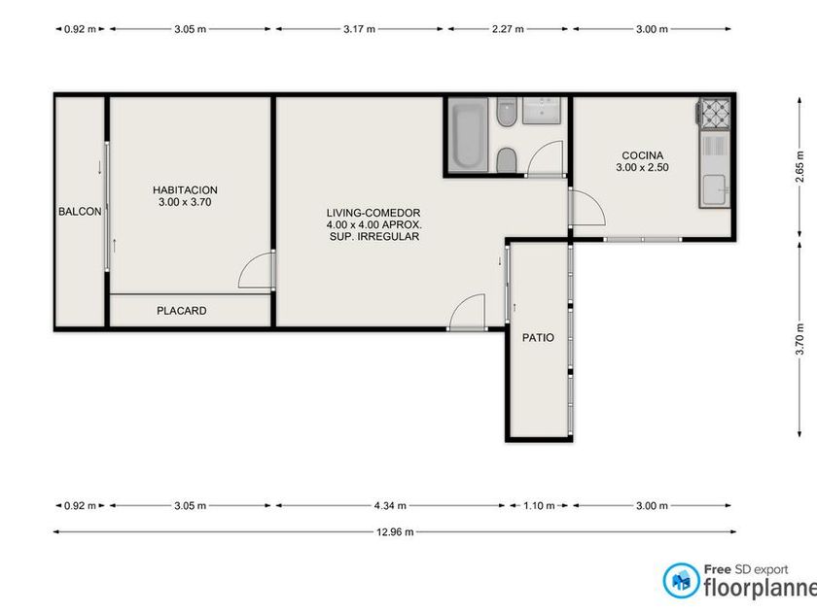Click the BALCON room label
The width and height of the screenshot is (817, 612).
pyautogui.click(x=80, y=212)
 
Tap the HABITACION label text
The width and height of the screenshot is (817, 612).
pyautogui.click(x=185, y=190)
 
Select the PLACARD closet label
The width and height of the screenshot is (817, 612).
pyautogui.click(x=181, y=311)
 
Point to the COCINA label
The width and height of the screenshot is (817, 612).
pyautogui.click(x=643, y=155)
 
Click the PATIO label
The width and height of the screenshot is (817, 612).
pyautogui.click(x=538, y=338)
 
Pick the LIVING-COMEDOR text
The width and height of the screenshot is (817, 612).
pyautogui.click(x=373, y=213)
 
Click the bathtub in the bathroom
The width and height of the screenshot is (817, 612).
pyautogui.click(x=469, y=135)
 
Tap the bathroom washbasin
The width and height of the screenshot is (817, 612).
pyautogui.click(x=542, y=111)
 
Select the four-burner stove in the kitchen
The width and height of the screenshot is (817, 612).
pyautogui.click(x=715, y=113)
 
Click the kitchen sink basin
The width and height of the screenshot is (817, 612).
pyautogui.click(x=714, y=190)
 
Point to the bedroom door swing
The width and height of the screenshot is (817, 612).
pyautogui.click(x=256, y=271)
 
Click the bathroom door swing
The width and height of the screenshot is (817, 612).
pyautogui.click(x=546, y=158)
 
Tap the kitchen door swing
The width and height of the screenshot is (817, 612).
pyautogui.click(x=587, y=207)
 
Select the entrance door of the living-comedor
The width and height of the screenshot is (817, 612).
pyautogui.click(x=468, y=312)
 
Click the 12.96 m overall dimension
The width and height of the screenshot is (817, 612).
pyautogui.click(x=395, y=532)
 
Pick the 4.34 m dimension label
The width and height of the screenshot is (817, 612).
pyautogui.click(x=390, y=505)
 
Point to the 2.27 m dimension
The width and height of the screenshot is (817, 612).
pyautogui.click(x=508, y=29)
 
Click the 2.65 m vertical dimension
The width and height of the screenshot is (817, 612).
pyautogui.click(x=799, y=166)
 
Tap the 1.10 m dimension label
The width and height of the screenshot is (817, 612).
pyautogui.click(x=539, y=505)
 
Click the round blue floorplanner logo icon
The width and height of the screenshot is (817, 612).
pyautogui.click(x=681, y=580)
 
